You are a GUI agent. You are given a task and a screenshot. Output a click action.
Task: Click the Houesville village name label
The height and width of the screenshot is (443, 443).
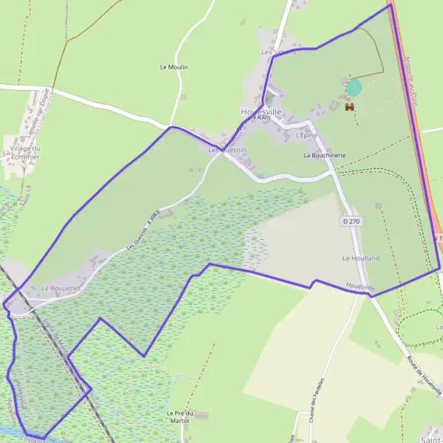(255, 111)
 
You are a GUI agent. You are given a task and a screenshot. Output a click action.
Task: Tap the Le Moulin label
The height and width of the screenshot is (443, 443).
(174, 67)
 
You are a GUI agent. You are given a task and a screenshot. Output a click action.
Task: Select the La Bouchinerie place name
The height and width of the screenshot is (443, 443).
(324, 156)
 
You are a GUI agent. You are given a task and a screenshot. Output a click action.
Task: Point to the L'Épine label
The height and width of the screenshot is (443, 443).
(305, 136)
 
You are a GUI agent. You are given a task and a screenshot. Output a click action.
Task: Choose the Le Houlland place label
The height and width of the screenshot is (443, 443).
(360, 258)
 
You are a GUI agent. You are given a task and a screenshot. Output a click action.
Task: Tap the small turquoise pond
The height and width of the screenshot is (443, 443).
(354, 88)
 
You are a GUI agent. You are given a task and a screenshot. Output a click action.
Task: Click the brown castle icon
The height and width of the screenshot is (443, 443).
(350, 106)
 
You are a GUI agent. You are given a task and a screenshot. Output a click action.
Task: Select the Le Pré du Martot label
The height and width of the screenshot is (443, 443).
(179, 416)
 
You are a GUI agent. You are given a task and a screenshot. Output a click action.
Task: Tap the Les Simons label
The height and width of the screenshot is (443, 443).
(278, 52)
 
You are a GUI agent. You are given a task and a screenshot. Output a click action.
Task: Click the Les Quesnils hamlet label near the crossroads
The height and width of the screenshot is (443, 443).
(227, 150)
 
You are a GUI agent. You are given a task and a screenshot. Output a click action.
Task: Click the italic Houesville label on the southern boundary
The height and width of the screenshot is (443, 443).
(360, 286)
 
